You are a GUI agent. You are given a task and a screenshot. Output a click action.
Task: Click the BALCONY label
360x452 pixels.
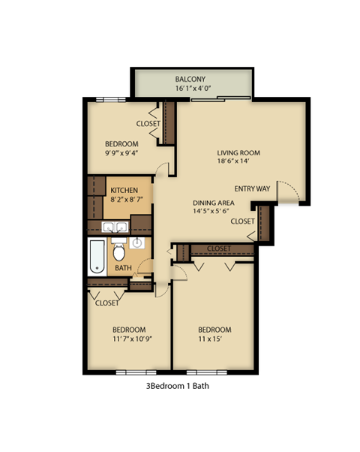point(190,79)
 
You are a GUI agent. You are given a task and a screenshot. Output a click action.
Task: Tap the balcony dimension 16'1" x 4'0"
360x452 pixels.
point(193,89)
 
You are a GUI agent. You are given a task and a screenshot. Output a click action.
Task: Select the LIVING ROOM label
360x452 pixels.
point(238,152)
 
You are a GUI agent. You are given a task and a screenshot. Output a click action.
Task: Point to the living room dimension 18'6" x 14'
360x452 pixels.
point(238,161)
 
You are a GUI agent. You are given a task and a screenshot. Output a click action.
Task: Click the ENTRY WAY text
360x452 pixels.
point(252,188)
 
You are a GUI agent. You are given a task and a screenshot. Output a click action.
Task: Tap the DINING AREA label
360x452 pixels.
point(214,203)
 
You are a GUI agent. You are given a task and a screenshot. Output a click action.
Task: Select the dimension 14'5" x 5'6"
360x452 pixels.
point(214,212)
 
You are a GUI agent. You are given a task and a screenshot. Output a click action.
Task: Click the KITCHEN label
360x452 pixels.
point(124,191)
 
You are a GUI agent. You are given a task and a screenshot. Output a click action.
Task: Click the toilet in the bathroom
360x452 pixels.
point(118,252)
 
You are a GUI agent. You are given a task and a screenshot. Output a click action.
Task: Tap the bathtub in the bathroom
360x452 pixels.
point(97,257)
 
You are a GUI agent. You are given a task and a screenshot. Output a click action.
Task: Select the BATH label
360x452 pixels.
point(123,267)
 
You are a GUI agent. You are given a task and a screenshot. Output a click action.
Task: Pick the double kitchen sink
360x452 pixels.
point(115,227)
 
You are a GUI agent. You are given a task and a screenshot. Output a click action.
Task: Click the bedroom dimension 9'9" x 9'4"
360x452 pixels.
point(121,153)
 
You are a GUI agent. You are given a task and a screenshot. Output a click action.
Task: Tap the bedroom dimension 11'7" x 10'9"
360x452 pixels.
point(128,339)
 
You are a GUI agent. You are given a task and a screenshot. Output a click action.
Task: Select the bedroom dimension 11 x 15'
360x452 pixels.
point(214,339)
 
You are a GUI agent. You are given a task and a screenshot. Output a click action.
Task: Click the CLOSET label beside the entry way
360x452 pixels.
point(241,221)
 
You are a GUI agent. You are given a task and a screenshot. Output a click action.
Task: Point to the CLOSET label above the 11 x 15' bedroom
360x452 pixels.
point(218,249)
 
